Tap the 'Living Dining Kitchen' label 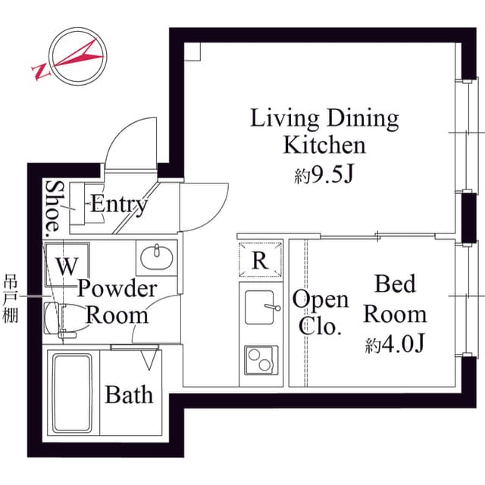[324, 130]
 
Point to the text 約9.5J [324, 176]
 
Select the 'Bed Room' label [395, 299]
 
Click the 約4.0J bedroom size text [394, 344]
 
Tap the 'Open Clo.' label [321, 312]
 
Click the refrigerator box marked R [260, 260]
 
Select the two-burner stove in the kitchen [261, 358]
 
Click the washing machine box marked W [67, 265]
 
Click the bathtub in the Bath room [72, 393]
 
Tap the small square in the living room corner [192, 50]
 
